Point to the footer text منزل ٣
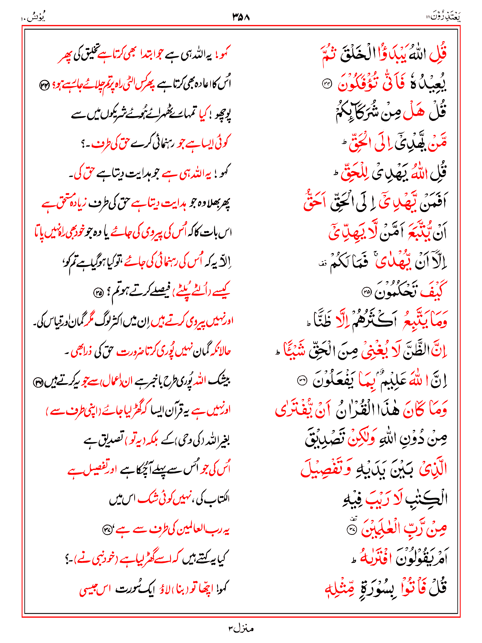(x=241, y=628)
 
